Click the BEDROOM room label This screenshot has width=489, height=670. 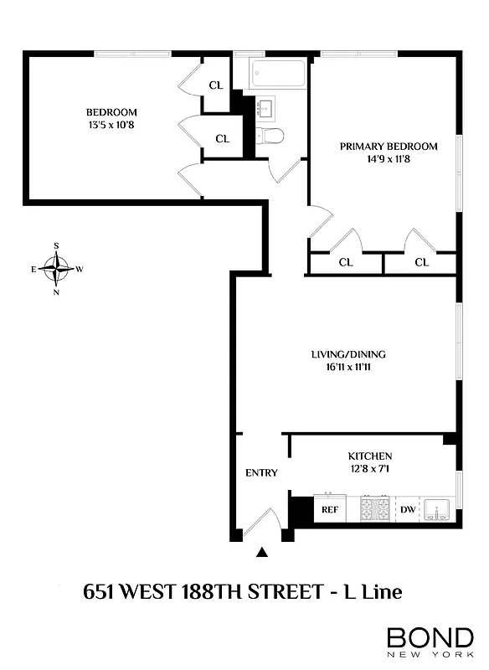(x=111, y=112)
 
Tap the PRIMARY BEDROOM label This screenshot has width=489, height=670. (x=388, y=147)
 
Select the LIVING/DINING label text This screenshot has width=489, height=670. (x=348, y=353)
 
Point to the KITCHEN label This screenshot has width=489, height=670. (x=370, y=456)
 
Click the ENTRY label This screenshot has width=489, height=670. (x=261, y=472)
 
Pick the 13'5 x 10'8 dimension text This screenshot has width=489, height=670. (x=111, y=126)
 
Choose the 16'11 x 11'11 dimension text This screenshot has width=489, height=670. (x=348, y=366)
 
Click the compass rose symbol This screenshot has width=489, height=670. (x=56, y=270)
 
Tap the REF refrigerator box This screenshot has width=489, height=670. (x=330, y=509)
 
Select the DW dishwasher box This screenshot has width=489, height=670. (x=407, y=509)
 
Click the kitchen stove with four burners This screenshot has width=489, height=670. (x=374, y=508)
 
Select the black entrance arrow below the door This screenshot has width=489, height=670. (x=263, y=551)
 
